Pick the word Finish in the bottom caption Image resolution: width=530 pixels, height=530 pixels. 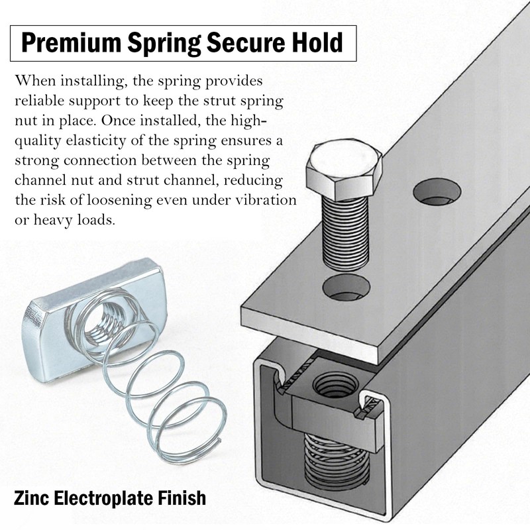[182, 496]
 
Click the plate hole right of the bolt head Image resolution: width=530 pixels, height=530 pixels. [437, 192]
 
